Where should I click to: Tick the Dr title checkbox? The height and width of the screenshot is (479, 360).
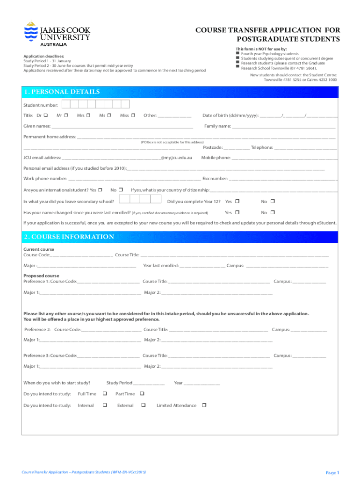tap(46, 116)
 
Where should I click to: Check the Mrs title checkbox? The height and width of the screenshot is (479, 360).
tap(88, 116)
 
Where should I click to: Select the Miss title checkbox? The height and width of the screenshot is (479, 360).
tap(133, 116)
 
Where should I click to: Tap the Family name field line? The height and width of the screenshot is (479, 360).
tap(284, 126)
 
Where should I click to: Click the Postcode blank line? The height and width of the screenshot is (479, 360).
tap(239, 147)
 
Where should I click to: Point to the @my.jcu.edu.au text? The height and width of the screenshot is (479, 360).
tap(176, 158)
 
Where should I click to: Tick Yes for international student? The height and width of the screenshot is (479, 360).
tap(100, 190)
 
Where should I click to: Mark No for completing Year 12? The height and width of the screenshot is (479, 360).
tap(273, 201)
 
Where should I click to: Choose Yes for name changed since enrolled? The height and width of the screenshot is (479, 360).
tap(237, 212)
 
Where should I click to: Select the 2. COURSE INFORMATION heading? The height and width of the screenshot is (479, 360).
tap(69, 237)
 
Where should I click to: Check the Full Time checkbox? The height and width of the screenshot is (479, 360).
tap(105, 394)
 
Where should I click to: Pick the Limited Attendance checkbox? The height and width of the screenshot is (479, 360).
tap(204, 405)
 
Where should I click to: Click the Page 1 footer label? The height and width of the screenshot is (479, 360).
tap(332, 473)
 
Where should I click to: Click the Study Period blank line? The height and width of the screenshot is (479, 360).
tap(149, 383)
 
